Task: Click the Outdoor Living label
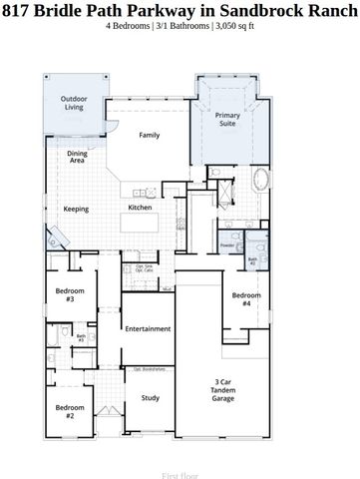(x=73, y=103)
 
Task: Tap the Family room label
(x=150, y=135)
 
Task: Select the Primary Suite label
(x=228, y=120)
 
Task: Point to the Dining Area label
(x=77, y=157)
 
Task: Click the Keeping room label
(x=76, y=210)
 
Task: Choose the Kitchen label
(x=140, y=208)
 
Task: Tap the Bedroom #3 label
(x=70, y=294)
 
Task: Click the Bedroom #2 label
(x=70, y=410)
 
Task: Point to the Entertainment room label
(x=147, y=328)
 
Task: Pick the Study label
(x=150, y=398)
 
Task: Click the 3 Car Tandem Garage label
(x=223, y=389)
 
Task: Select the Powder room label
(x=227, y=244)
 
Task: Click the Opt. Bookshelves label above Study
(x=150, y=369)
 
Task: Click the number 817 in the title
(x=17, y=10)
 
